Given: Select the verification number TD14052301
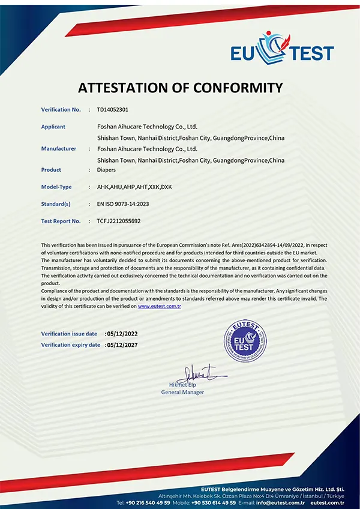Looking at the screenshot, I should click(109, 110).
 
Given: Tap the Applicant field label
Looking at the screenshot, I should click(53, 127).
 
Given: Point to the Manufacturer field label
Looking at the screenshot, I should click(59, 148).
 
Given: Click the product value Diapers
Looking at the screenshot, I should click(106, 170).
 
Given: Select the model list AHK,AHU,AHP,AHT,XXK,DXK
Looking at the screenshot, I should click(134, 187).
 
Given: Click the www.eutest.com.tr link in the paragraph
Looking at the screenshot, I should click(160, 306).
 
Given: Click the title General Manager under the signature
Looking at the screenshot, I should click(183, 392).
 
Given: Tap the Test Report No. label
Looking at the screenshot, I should click(61, 221).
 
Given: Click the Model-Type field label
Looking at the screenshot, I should click(56, 187).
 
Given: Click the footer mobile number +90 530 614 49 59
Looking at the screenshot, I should click(215, 502).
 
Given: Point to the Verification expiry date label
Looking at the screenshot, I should click(71, 345).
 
